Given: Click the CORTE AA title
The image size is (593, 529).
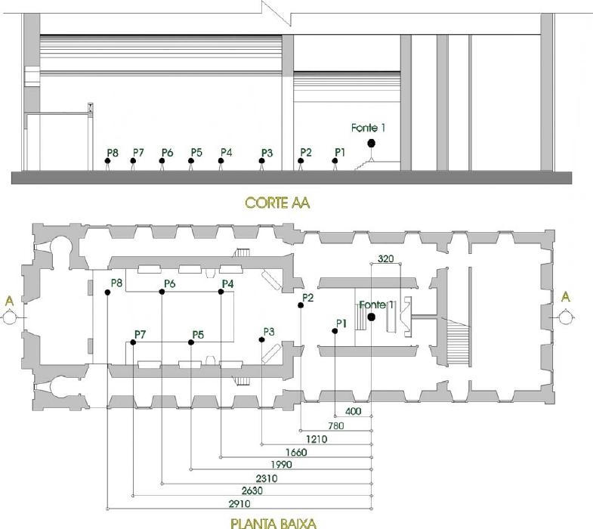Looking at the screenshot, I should (277, 203).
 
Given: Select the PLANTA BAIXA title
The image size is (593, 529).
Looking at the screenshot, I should (273, 521).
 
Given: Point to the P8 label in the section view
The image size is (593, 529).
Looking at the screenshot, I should (113, 153).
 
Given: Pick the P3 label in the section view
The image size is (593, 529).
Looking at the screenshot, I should (266, 153).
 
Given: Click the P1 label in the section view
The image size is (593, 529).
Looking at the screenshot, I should (339, 152).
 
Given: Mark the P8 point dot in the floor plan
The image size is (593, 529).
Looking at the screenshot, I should (108, 292).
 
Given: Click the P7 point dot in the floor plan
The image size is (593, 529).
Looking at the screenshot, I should (133, 342).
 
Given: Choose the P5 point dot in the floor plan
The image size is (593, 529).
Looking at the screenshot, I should (191, 342).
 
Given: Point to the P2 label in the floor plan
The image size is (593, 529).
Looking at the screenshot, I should (307, 298).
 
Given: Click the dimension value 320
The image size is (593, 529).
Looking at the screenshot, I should (385, 258).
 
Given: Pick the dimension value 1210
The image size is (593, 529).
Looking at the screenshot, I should (317, 438).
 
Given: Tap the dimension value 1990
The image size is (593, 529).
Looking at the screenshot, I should (281, 464).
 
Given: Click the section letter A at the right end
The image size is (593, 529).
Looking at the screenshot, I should (565, 298).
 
